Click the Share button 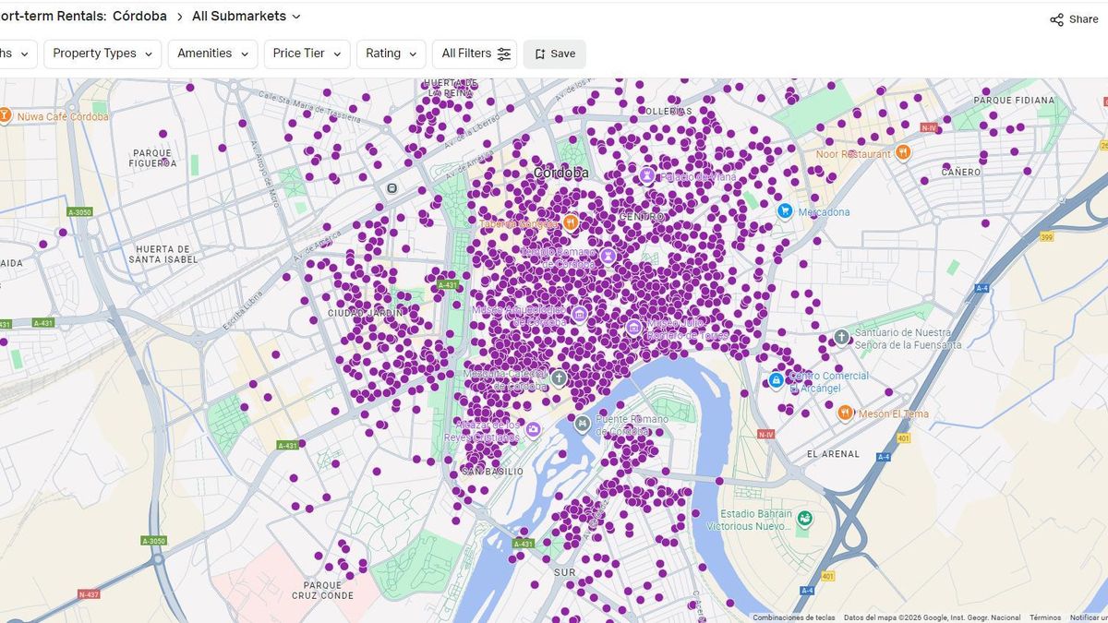click(1074, 19)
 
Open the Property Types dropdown click(102, 54)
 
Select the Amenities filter click(212, 54)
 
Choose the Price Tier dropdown click(307, 54)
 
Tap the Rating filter click(391, 54)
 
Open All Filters click(475, 54)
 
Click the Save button click(554, 54)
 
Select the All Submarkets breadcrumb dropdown click(247, 16)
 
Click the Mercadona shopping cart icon click(785, 211)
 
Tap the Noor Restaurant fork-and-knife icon click(903, 153)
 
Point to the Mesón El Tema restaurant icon click(845, 413)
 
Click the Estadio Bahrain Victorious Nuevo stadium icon click(805, 520)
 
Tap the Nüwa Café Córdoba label click(62, 117)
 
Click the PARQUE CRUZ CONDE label click(322, 590)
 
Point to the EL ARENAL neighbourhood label click(833, 454)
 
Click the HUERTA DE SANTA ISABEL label click(163, 254)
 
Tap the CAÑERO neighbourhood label click(961, 172)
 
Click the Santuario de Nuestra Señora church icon click(841, 337)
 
